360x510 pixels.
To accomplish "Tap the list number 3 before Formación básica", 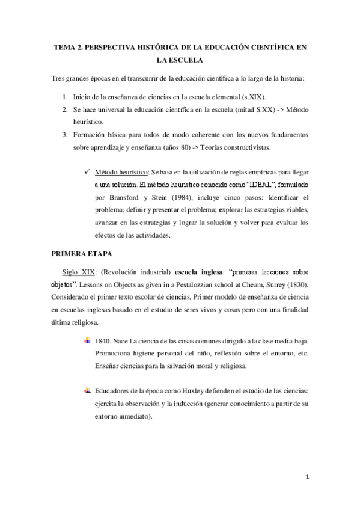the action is point(65,135).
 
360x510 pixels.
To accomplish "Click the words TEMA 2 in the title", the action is point(67,48).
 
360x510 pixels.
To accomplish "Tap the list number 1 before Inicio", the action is point(65,97).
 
